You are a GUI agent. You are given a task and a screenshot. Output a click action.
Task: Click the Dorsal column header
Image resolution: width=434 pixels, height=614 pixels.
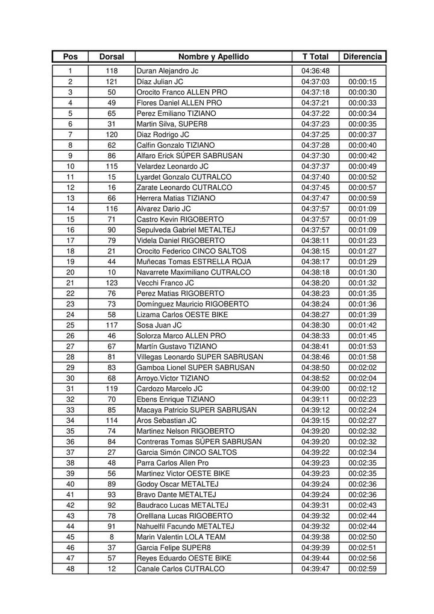[111, 57]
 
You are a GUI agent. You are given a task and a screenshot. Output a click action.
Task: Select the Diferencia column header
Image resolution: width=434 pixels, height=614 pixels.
[362, 57]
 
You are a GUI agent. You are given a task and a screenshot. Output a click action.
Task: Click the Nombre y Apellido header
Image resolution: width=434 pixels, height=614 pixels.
[213, 57]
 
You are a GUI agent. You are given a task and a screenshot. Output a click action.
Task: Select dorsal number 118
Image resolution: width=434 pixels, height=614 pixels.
[112, 71]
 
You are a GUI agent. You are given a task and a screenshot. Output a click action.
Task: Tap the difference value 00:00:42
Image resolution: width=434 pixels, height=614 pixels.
[362, 156]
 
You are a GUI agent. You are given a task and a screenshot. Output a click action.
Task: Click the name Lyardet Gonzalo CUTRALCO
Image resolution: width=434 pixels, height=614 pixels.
[184, 177]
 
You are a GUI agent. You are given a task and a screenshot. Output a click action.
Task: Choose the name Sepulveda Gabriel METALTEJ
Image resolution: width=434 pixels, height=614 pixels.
[186, 230]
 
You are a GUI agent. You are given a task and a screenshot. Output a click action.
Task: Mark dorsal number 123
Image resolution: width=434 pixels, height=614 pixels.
[112, 283]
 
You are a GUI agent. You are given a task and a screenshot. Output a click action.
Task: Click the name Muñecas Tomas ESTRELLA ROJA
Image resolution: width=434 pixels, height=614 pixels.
[193, 262]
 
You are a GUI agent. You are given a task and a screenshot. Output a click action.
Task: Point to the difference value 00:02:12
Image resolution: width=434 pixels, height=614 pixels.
[362, 389]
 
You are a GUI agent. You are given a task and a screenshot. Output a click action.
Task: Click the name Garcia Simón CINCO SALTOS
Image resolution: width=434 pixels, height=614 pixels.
[186, 452]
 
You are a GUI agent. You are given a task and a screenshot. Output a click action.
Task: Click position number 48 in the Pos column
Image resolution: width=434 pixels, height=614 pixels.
[71, 569]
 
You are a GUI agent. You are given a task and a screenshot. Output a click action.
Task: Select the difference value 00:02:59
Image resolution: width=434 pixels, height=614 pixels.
[362, 569]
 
